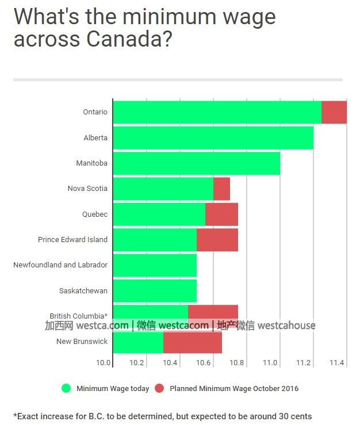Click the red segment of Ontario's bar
click(334, 112)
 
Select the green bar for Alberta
click(213, 138)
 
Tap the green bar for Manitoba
click(196, 163)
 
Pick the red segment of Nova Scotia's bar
click(221, 189)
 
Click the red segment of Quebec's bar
click(221, 215)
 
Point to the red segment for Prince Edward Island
click(217, 240)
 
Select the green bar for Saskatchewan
click(155, 290)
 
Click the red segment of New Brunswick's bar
click(193, 342)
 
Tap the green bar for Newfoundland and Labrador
click(155, 265)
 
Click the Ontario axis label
click(95, 112)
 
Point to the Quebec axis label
click(95, 215)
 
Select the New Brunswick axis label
click(82, 342)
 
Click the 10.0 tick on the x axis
click(103, 363)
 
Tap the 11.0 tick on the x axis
click(270, 363)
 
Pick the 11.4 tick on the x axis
click(337, 363)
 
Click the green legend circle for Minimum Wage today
click(66, 388)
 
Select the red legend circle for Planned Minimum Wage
click(159, 388)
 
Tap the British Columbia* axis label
click(78, 316)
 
